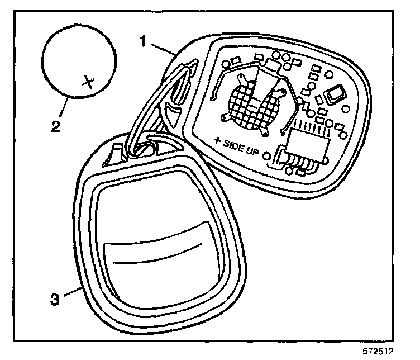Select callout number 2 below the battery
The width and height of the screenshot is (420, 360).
coord(55,125)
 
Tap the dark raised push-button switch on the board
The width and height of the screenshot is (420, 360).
coord(337,94)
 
